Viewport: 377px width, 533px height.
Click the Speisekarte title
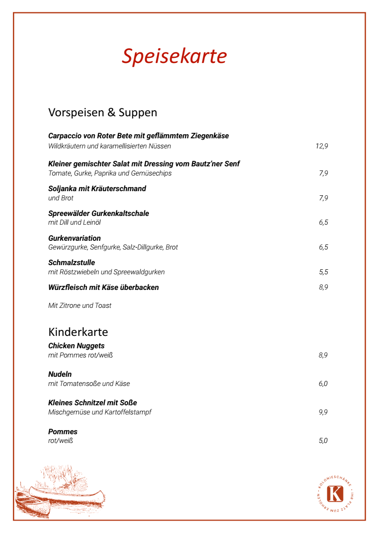pos(174,56)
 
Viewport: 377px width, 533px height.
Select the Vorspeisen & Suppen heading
pos(103,112)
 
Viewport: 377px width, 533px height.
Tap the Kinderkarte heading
pos(78,332)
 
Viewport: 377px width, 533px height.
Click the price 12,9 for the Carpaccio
pos(321,146)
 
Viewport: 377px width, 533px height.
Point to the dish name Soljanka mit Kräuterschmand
pos(97,188)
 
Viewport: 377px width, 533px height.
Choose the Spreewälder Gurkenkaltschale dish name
pos(98,213)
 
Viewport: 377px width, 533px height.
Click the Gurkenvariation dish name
pos(74,238)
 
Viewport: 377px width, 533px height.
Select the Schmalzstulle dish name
pos(71,263)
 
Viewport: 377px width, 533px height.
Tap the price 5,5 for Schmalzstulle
pos(323,272)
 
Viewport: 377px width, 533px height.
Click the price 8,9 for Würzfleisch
pos(323,288)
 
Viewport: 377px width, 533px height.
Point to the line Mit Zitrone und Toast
pos(80,306)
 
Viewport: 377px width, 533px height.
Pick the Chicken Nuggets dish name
pos(76,346)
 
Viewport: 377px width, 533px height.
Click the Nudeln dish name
pos(60,374)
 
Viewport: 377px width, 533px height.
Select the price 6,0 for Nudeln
pos(323,384)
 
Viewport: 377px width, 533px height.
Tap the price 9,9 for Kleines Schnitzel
pos(323,412)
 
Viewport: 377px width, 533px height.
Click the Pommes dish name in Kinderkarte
pos(63,431)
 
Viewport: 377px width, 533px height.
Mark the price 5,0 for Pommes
pos(323,441)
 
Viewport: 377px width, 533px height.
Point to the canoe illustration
pos(60,496)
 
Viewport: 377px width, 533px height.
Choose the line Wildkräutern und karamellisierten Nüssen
pos(109,146)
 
